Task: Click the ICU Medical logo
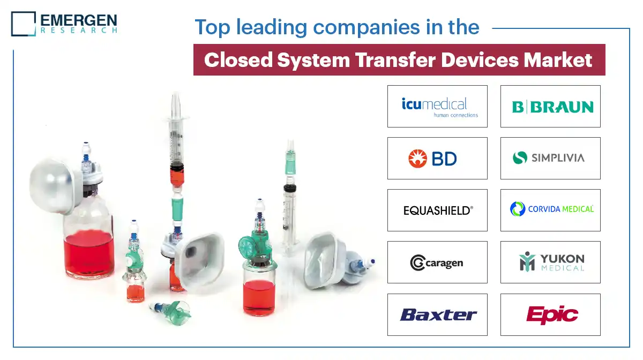click(x=437, y=106)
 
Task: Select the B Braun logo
click(x=550, y=106)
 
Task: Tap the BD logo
click(x=432, y=158)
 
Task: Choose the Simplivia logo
click(x=550, y=158)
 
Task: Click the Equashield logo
click(x=437, y=210)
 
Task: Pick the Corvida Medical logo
click(x=550, y=209)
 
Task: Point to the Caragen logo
click(x=437, y=262)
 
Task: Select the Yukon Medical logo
click(x=550, y=262)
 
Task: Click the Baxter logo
click(x=437, y=314)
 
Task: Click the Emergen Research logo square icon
click(x=23, y=24)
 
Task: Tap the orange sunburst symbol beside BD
click(x=417, y=159)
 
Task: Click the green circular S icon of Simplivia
click(x=519, y=158)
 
